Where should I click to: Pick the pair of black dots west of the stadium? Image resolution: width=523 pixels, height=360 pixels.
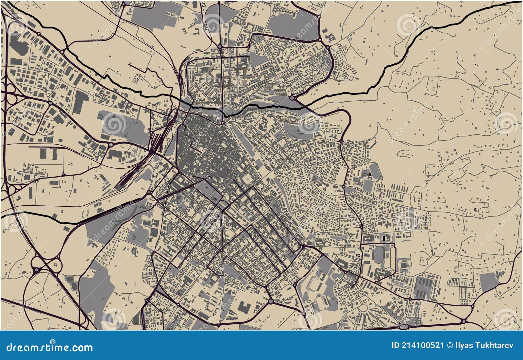[x=358, y=255]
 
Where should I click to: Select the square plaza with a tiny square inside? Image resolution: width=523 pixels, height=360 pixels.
[x=247, y=179]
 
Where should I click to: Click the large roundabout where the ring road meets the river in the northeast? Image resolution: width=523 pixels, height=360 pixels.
[x=292, y=97]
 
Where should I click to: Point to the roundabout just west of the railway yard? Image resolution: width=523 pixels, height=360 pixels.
[x=111, y=144]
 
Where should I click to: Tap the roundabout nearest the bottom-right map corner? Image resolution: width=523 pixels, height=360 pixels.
[x=464, y=320]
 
